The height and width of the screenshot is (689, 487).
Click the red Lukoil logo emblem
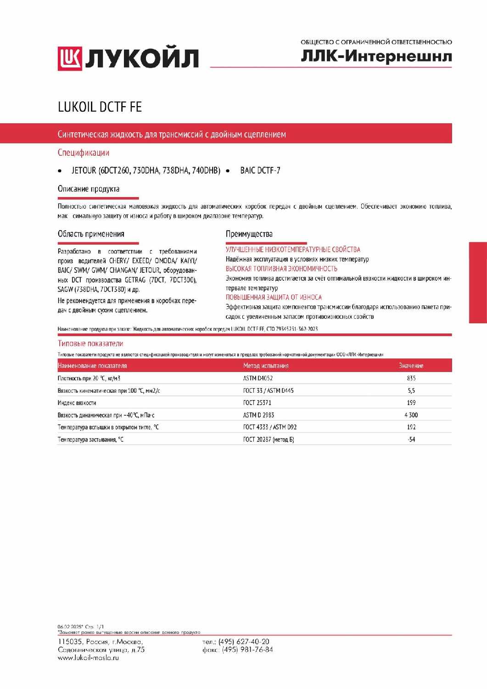69,59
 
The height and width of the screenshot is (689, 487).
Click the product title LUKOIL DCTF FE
100,107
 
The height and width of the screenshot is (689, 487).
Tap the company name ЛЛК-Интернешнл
376,56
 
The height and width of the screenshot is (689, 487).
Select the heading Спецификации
84,152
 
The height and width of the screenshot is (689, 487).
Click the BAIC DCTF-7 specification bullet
260,170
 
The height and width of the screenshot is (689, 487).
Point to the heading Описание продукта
89,189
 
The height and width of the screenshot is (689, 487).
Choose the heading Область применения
91,234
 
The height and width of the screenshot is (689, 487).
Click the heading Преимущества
249,234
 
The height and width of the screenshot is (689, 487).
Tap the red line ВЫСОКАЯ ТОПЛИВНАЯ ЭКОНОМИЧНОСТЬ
281,269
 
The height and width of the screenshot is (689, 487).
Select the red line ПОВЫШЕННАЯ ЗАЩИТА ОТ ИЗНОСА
274,297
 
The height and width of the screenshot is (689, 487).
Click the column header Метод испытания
266,366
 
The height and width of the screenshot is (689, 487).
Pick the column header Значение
411,366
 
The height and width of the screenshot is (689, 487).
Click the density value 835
411,378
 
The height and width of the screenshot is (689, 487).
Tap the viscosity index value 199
411,402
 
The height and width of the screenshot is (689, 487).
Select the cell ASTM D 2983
258,415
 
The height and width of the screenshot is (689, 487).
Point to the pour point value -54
411,439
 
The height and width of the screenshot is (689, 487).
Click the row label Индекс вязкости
77,403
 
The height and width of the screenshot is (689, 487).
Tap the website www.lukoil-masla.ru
88,658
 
